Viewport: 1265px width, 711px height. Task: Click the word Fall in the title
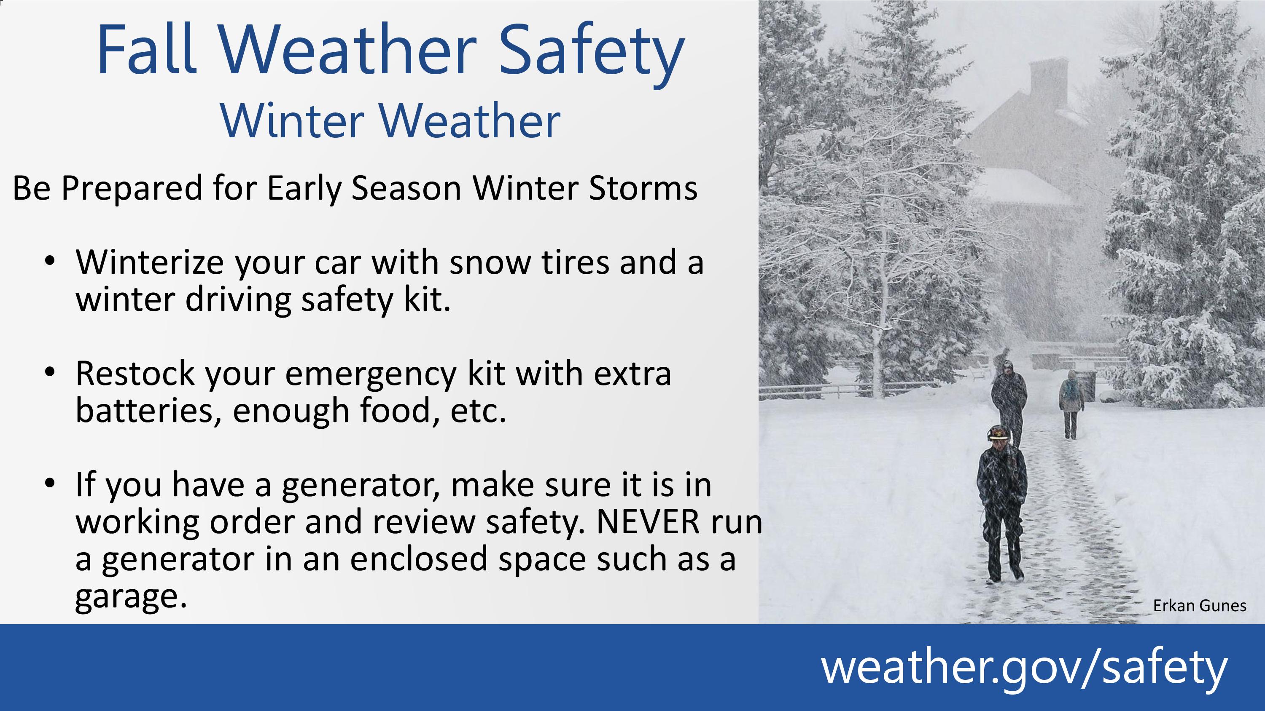pyautogui.click(x=146, y=49)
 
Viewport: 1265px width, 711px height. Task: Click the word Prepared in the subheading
pyautogui.click(x=132, y=189)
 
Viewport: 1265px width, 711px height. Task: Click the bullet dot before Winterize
pyautogui.click(x=50, y=261)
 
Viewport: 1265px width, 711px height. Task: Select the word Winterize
pyautogui.click(x=149, y=262)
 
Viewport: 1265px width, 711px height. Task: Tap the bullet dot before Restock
pyautogui.click(x=50, y=372)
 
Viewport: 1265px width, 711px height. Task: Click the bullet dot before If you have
pyautogui.click(x=50, y=483)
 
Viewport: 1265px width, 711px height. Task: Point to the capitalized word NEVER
pyautogui.click(x=648, y=521)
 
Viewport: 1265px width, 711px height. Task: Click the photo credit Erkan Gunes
pyautogui.click(x=1199, y=606)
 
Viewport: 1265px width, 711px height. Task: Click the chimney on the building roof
pyautogui.click(x=1048, y=81)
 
